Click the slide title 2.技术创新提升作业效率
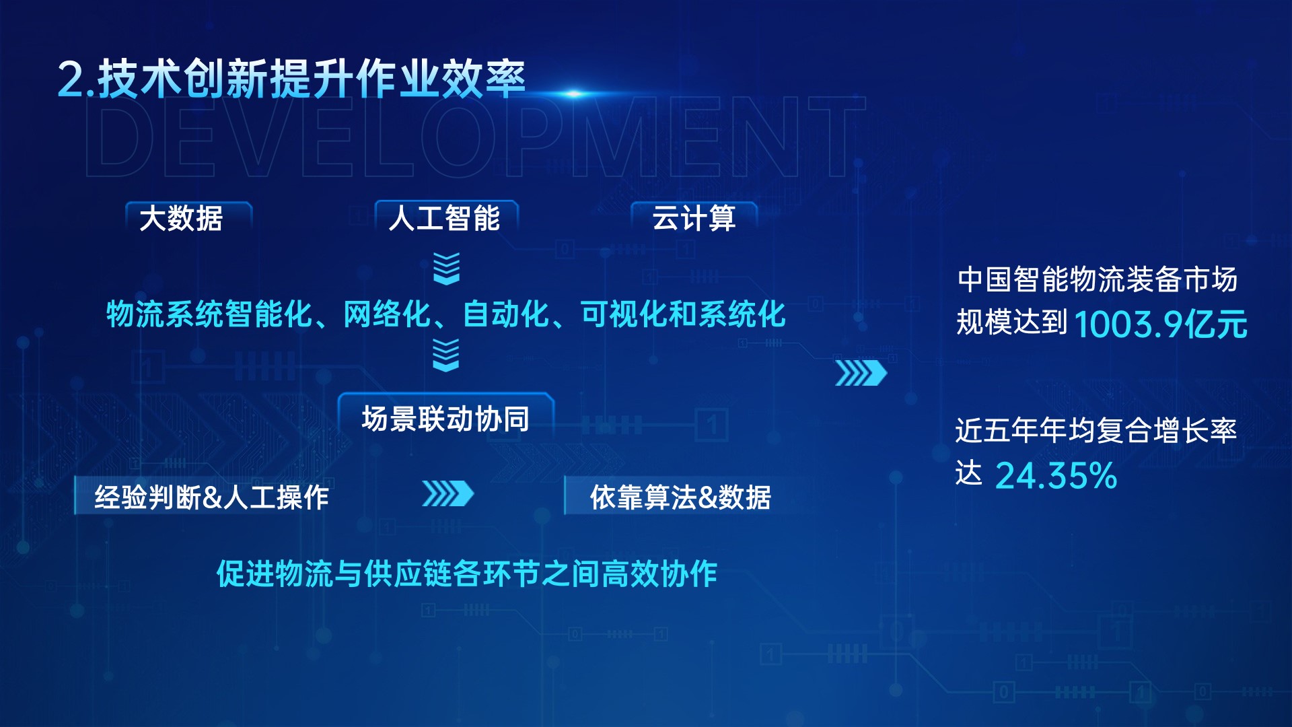[x=291, y=79]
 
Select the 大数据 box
[x=188, y=217]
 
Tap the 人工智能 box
[x=446, y=217]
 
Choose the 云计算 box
[x=694, y=217]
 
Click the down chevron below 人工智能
[x=446, y=269]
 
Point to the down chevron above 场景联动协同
[x=446, y=355]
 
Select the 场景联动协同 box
[x=445, y=417]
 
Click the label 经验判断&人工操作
[x=211, y=497]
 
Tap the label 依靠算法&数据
[x=680, y=497]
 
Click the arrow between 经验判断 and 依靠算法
[x=447, y=493]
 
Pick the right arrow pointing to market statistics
[x=861, y=373]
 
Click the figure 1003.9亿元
[x=1161, y=324]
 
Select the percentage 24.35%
[x=1056, y=475]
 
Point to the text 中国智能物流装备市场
[x=1097, y=279]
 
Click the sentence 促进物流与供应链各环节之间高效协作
[x=466, y=574]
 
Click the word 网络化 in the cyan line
[x=387, y=314]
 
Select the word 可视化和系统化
[x=683, y=314]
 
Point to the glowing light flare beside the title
[x=573, y=94]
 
